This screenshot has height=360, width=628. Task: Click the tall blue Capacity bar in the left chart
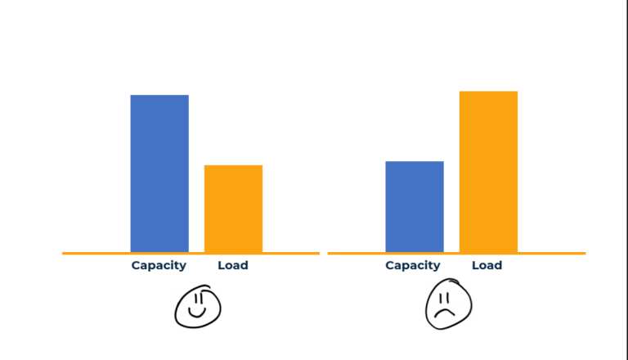[159, 173]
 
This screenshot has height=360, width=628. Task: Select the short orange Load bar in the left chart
[233, 209]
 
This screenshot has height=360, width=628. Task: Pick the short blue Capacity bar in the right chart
[415, 206]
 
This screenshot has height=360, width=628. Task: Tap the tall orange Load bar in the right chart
[488, 172]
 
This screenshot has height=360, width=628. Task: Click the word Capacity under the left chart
[159, 265]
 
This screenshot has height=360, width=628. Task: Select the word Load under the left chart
[233, 265]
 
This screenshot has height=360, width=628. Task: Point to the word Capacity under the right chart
[413, 265]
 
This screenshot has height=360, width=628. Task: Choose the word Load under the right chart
[487, 265]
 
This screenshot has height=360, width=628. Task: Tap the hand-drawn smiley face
[198, 307]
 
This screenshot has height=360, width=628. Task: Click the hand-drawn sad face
[448, 305]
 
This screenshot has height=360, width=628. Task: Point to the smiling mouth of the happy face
[197, 313]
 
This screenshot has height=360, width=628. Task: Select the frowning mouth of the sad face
[444, 313]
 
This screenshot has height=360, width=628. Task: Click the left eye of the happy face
[194, 299]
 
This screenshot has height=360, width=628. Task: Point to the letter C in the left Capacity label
[136, 265]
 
